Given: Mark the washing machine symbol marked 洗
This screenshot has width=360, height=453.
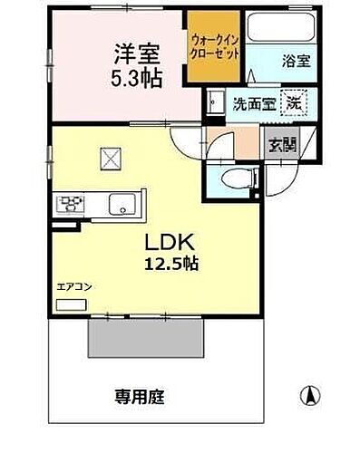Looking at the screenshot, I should point(294,101).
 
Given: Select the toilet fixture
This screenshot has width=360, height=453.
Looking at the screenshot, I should point(231,177).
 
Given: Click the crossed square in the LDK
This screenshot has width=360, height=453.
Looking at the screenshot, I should point(112,159).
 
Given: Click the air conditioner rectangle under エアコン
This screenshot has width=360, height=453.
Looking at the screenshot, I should point(67,304).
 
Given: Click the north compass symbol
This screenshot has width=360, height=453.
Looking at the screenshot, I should point(309,396).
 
